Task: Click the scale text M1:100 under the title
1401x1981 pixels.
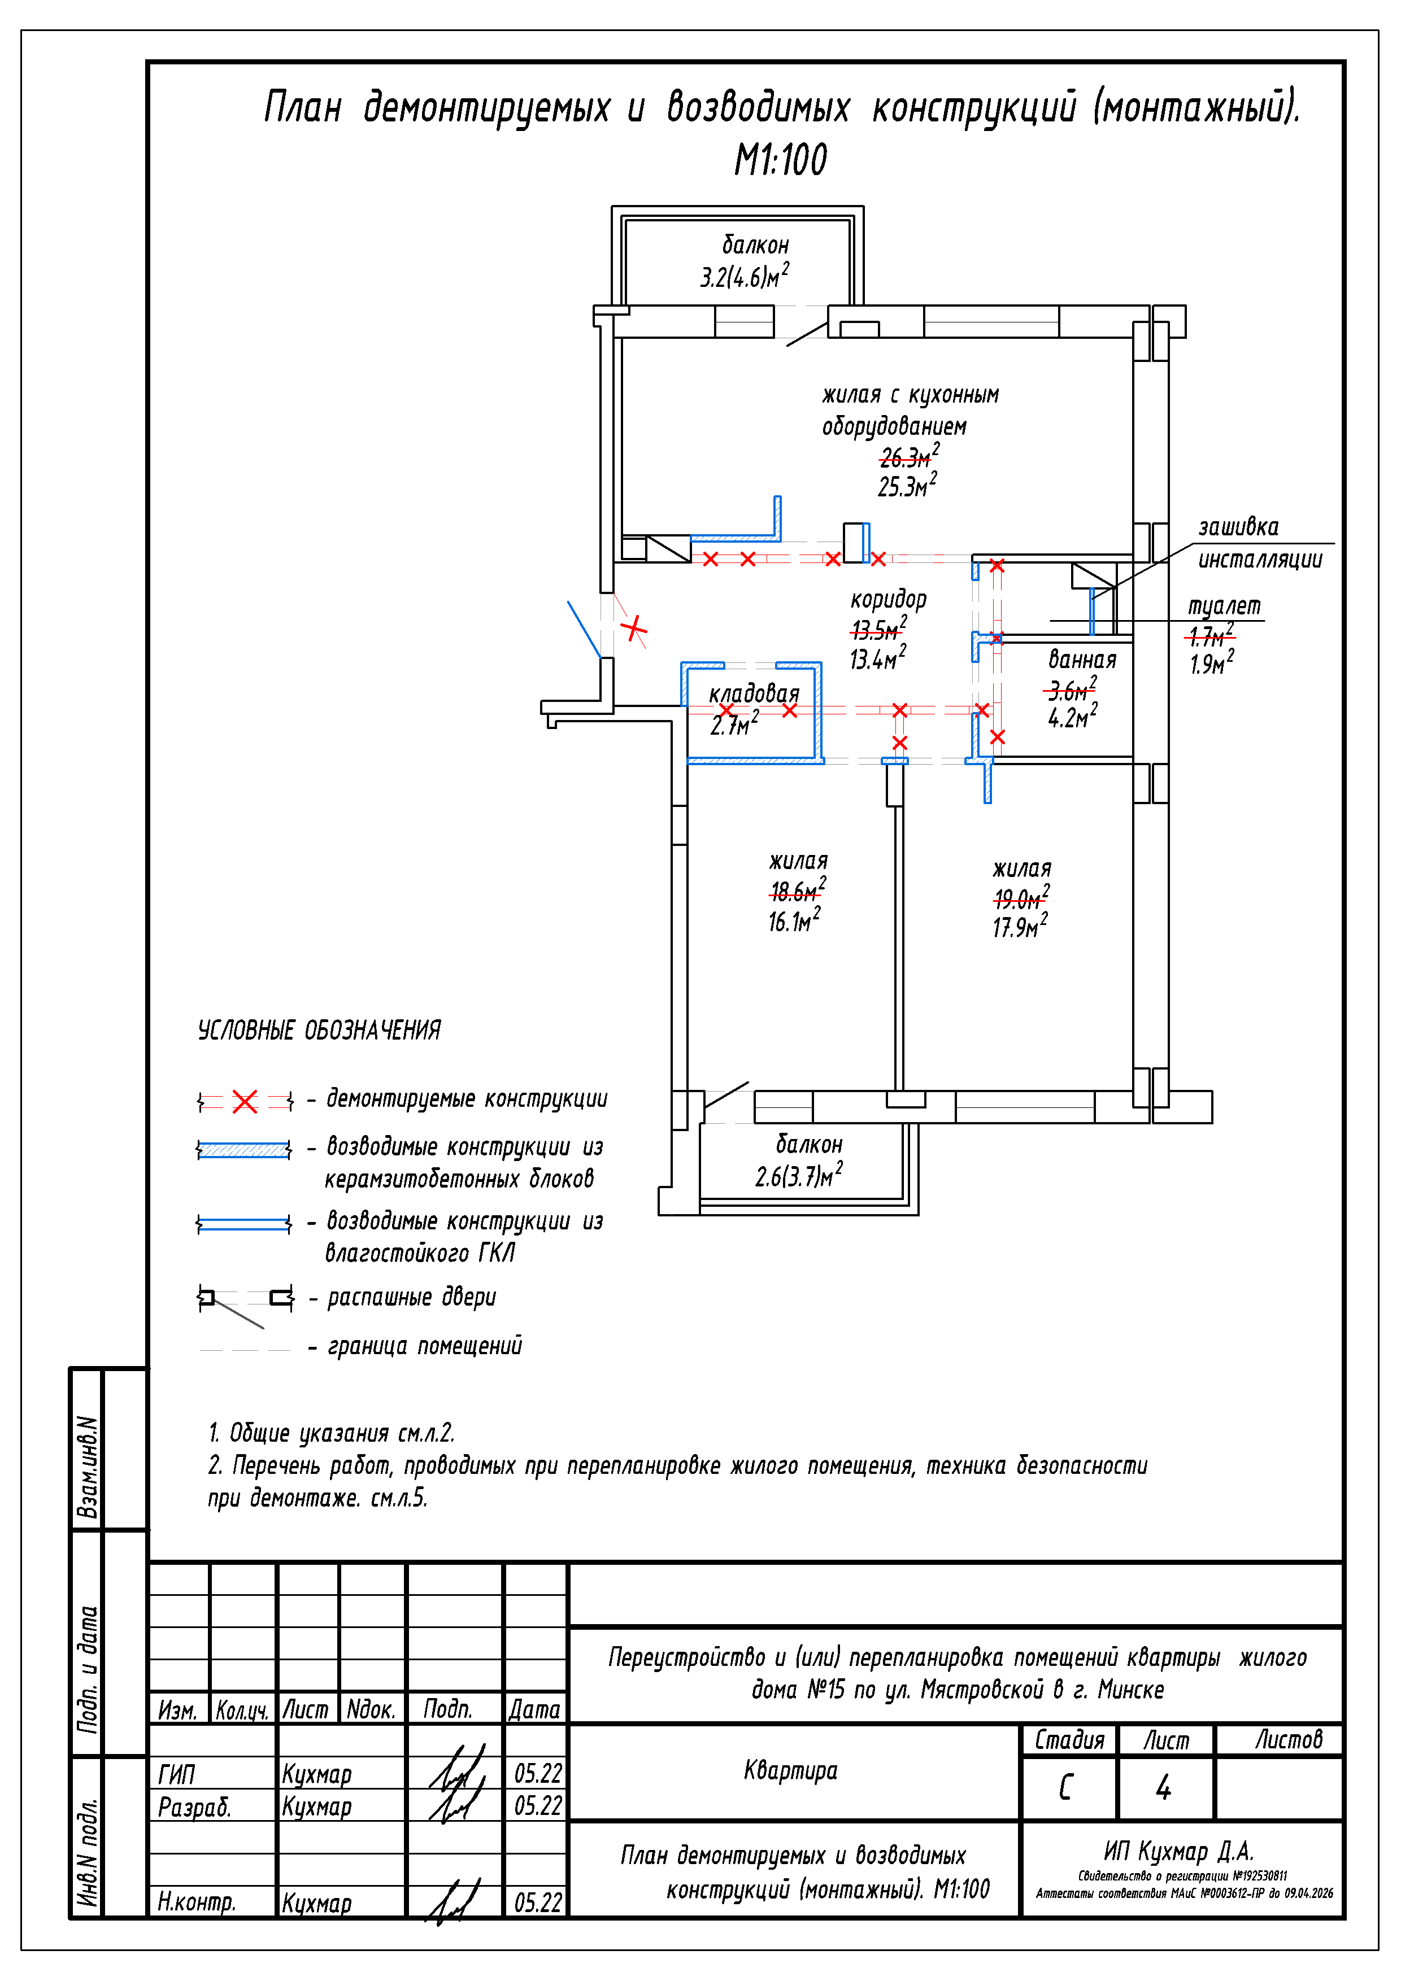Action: coord(780,160)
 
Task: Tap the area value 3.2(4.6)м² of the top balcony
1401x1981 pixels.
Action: coord(744,276)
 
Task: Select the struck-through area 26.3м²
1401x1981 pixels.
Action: coord(909,456)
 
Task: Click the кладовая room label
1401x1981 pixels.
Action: coord(754,693)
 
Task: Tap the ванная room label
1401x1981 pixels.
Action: coord(1082,660)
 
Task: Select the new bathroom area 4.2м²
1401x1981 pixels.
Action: coord(1072,716)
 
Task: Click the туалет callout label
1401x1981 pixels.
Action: coord(1224,606)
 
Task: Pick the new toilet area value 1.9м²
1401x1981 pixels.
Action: coord(1212,662)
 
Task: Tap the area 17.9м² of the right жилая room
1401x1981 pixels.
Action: coord(1020,926)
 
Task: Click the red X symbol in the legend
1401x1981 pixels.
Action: coord(245,1101)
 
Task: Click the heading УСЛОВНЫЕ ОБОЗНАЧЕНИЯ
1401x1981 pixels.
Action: coord(319,1029)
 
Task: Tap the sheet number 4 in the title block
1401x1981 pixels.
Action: coord(1164,1786)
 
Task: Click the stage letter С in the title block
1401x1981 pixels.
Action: coord(1066,1786)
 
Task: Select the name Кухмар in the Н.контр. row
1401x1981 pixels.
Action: coord(317,1903)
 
